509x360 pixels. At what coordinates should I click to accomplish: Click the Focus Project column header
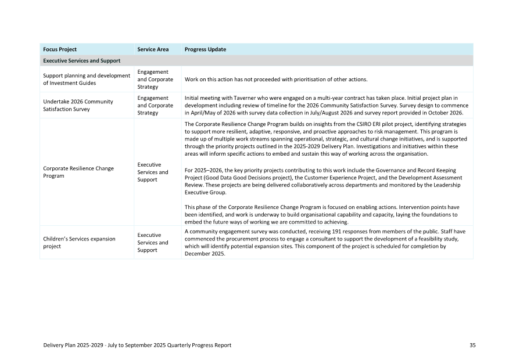click(x=60, y=49)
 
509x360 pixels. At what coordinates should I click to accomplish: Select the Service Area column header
click(x=153, y=49)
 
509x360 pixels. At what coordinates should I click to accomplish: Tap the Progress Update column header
click(x=205, y=49)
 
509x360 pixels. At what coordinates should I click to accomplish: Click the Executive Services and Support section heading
click(x=82, y=60)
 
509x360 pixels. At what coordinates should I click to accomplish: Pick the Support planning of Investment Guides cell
click(x=87, y=79)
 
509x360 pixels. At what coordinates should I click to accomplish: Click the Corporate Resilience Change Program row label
click(x=78, y=172)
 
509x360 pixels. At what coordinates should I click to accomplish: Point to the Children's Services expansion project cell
click(x=79, y=242)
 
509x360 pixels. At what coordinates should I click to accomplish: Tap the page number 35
click(x=472, y=345)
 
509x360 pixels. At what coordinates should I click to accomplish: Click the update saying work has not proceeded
click(x=276, y=79)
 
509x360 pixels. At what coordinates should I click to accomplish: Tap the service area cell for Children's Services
click(x=153, y=243)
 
